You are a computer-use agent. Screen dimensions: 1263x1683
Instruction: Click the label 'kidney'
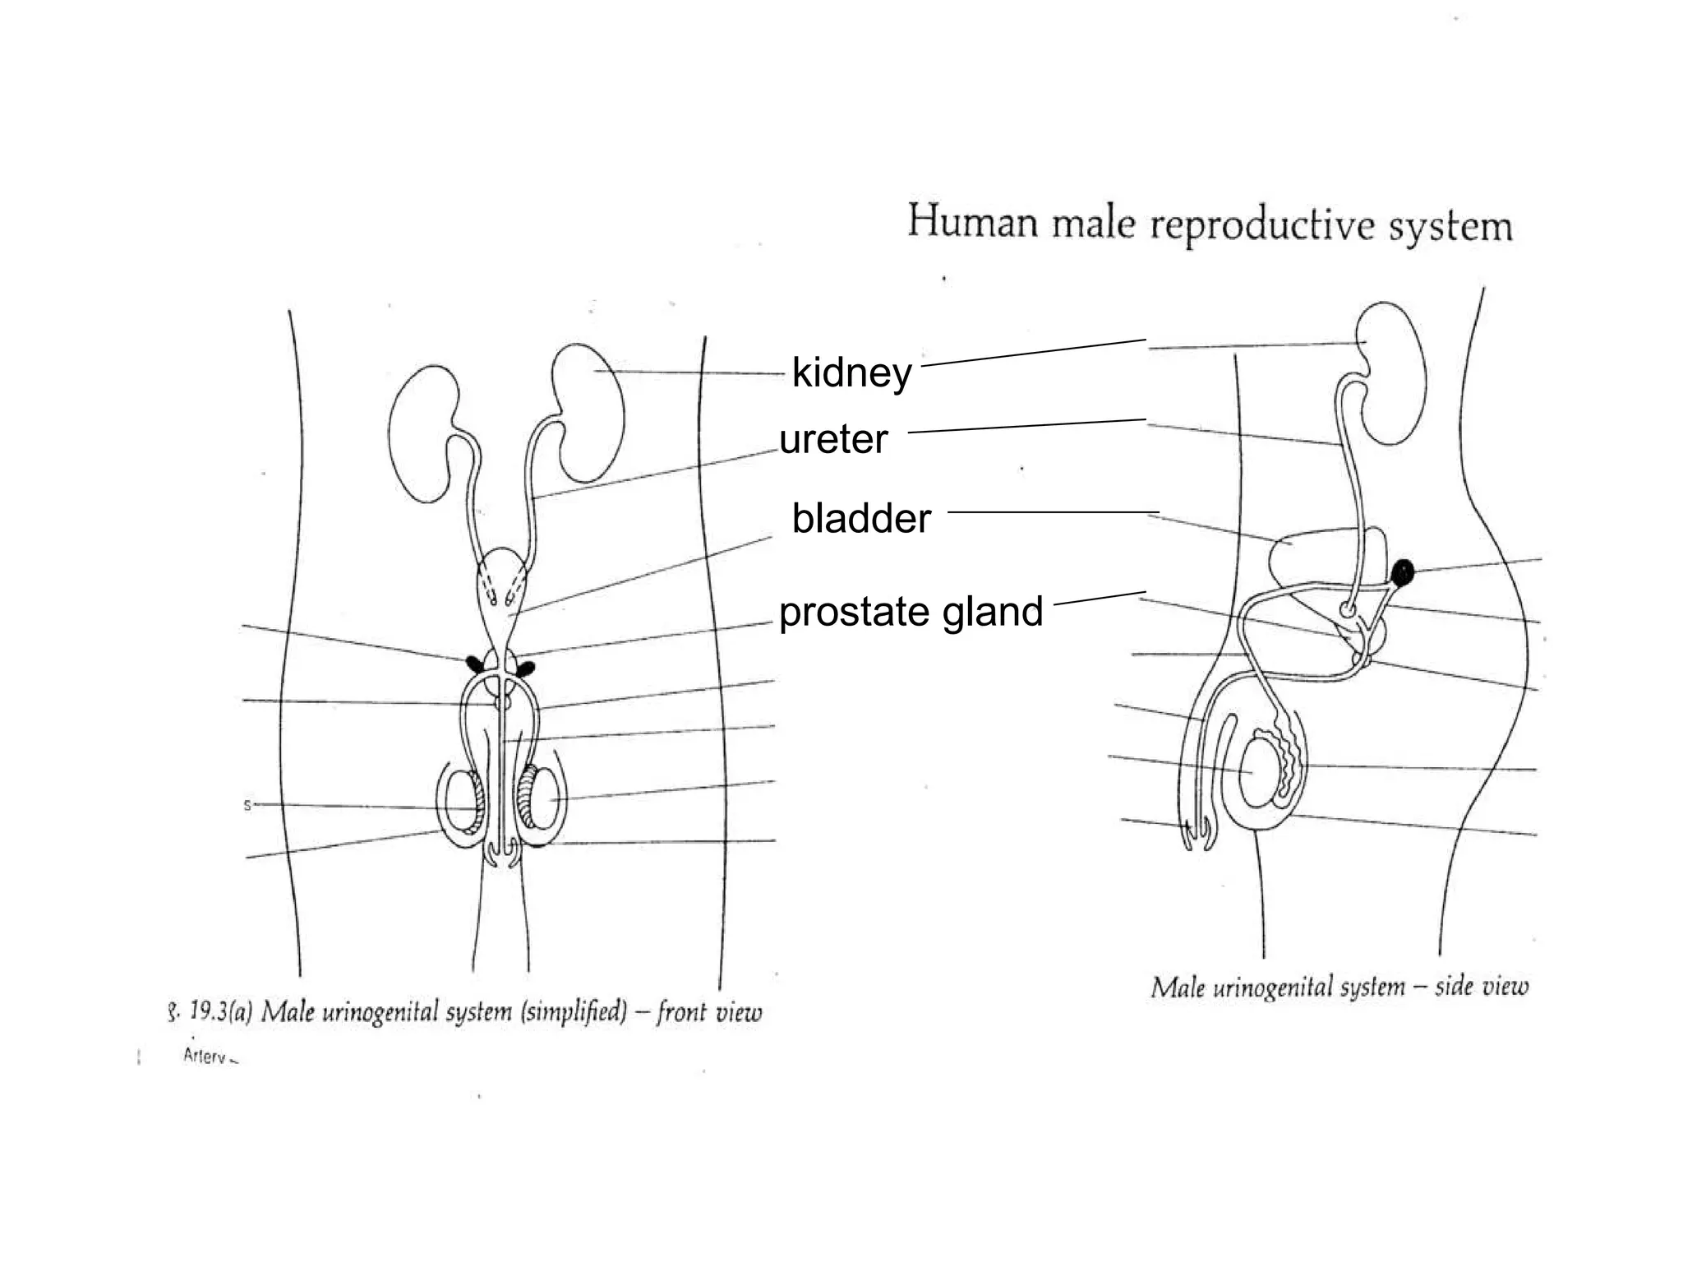pyautogui.click(x=851, y=372)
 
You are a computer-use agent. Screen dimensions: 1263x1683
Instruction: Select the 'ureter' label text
pyautogui.click(x=833, y=439)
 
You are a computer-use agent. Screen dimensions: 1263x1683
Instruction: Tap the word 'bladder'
pyautogui.click(x=861, y=518)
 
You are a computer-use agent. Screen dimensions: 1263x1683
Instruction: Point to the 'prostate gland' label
pyautogui.click(x=911, y=612)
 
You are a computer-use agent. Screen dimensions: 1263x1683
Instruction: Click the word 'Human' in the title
pyautogui.click(x=973, y=222)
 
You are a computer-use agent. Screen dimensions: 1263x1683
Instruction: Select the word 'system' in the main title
pyautogui.click(x=1450, y=227)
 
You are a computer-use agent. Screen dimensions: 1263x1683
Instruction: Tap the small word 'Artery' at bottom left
pyautogui.click(x=205, y=1057)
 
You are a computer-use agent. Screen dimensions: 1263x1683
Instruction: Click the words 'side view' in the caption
pyautogui.click(x=1482, y=986)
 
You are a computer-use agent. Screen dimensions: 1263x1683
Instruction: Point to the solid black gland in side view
pyautogui.click(x=1404, y=571)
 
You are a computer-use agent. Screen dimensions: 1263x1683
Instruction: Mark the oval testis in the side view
pyautogui.click(x=1256, y=772)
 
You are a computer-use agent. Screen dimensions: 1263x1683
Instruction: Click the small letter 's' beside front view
pyautogui.click(x=247, y=805)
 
